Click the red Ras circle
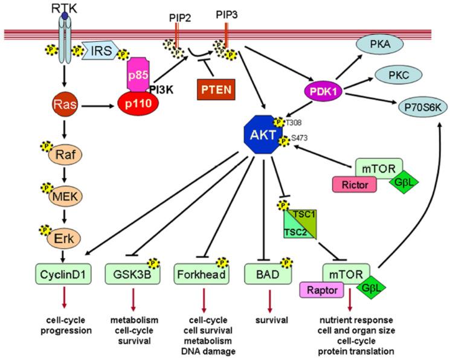pos(60,103)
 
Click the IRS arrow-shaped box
pos(98,50)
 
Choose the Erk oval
pos(60,234)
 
